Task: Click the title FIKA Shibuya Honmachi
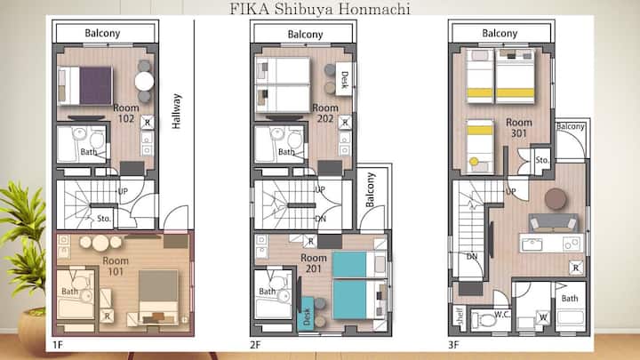[x=320, y=9]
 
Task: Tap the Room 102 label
[x=126, y=113]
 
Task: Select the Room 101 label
[x=116, y=266]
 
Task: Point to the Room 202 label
[x=325, y=113]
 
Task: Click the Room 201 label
[x=314, y=263]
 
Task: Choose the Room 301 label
[x=519, y=128]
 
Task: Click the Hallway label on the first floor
[x=176, y=111]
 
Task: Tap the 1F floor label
[x=58, y=345]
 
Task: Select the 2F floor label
[x=255, y=345]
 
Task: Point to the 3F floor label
[x=453, y=345]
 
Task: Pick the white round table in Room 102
[x=144, y=81]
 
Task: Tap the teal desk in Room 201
[x=306, y=314]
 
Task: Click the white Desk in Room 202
[x=344, y=79]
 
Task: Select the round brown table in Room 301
[x=556, y=199]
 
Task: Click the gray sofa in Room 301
[x=553, y=223]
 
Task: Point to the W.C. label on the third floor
[x=502, y=315]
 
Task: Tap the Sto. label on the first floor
[x=104, y=219]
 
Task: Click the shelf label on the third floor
[x=460, y=316]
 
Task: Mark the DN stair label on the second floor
[x=320, y=219]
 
